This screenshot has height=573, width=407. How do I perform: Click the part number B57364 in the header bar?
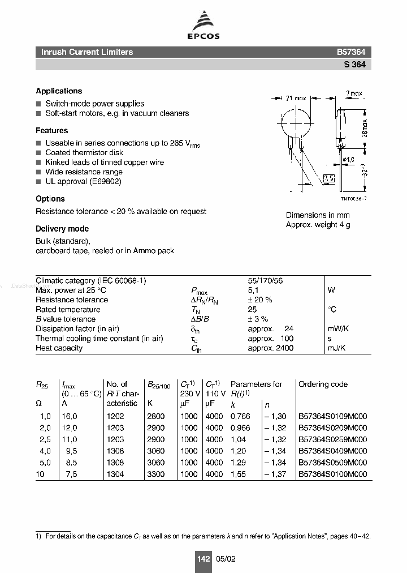351,52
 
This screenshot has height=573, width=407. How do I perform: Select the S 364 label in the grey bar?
354,65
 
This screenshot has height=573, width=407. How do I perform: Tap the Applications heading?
59,91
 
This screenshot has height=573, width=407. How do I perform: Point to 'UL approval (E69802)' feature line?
83,181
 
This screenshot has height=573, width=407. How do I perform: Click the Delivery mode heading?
62,229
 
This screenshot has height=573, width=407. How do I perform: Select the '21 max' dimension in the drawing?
296,98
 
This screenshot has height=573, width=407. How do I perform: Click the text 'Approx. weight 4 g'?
318,225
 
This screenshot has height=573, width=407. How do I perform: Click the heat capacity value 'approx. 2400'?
270,348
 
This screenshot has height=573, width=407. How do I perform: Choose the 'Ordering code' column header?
323,384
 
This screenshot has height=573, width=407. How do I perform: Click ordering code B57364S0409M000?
332,451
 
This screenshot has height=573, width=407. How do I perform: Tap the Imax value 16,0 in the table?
70,416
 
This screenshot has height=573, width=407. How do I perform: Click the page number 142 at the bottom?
203,559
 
